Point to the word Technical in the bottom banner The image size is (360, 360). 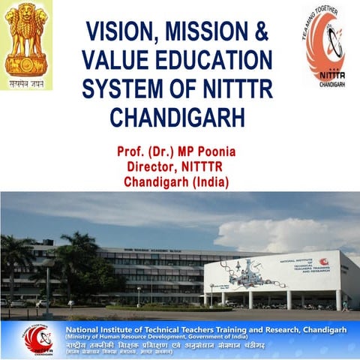(165, 328)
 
